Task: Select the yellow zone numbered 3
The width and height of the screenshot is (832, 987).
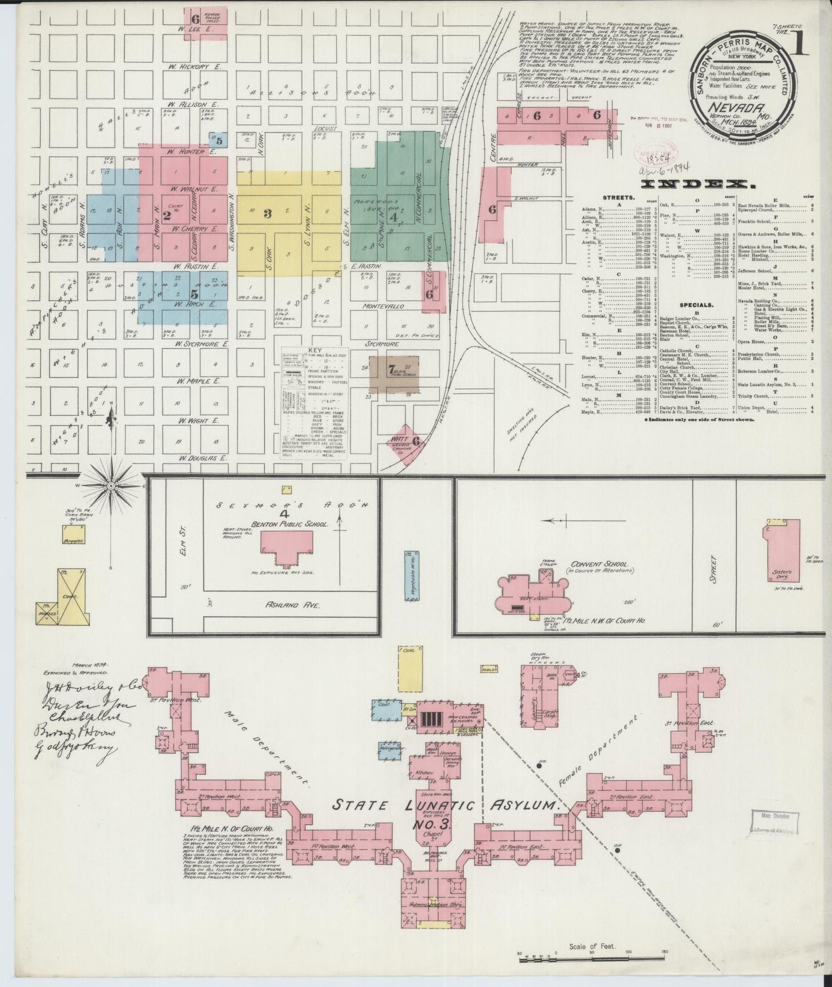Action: [268, 214]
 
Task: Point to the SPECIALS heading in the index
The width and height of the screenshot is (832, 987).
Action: [696, 305]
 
